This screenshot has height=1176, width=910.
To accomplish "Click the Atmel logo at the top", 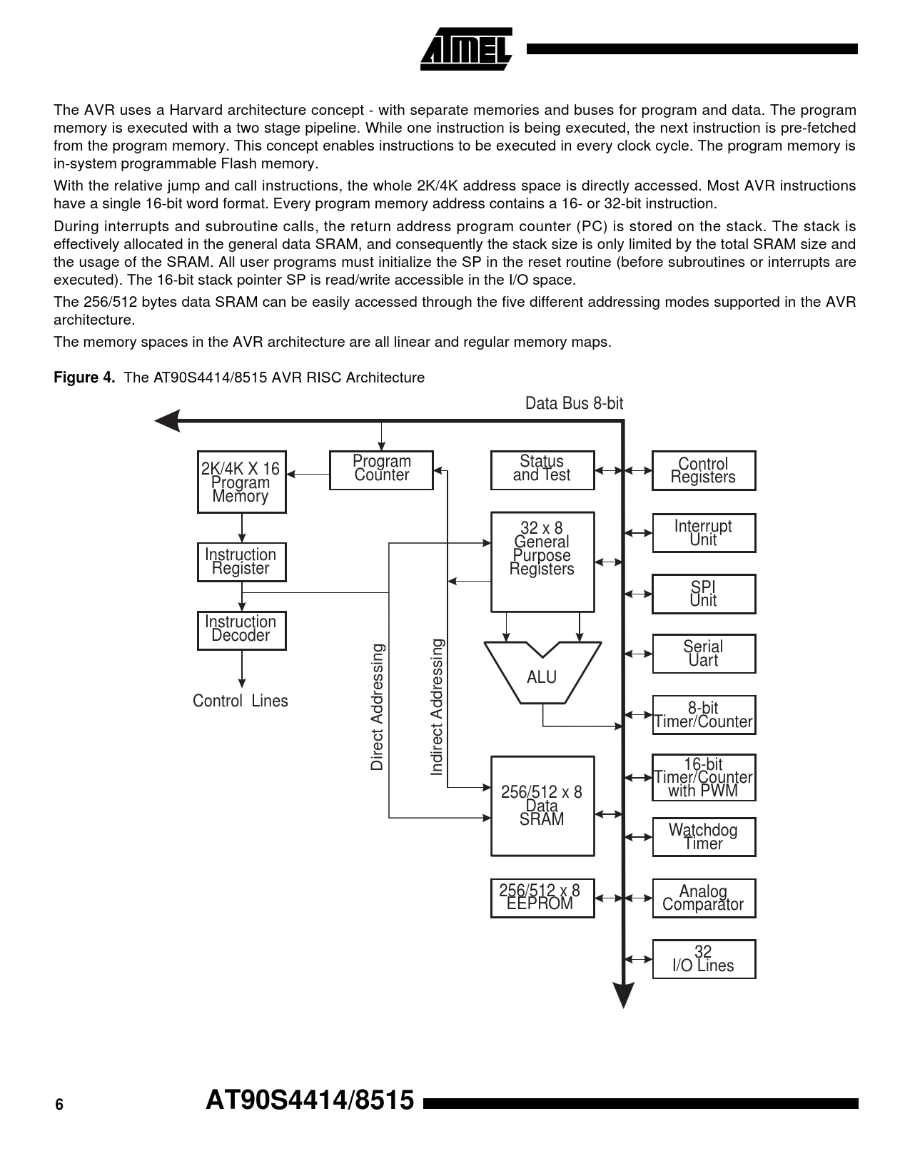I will tap(466, 49).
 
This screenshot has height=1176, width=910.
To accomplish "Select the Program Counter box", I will tap(381, 470).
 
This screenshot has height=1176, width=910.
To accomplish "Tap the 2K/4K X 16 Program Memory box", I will tap(241, 482).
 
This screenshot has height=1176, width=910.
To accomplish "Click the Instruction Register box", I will tap(241, 562).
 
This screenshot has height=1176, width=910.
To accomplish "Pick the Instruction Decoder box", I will tap(241, 629).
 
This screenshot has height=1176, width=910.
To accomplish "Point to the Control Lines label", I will tap(241, 701).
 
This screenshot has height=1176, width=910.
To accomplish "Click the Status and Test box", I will tap(542, 470).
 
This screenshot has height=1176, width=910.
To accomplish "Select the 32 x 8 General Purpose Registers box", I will tap(542, 562).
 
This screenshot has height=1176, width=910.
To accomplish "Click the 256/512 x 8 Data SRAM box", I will tap(542, 806).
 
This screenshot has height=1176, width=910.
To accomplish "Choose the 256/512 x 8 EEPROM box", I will tap(542, 898).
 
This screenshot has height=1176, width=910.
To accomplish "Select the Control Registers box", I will tap(703, 470).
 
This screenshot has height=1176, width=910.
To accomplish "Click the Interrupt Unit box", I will tap(703, 532).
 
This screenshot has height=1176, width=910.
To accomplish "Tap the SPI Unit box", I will tap(703, 594).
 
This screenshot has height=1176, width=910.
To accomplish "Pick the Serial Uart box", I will tap(703, 654).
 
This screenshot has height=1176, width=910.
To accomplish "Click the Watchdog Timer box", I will tap(703, 836).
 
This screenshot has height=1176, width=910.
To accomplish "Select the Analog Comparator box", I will tap(703, 898).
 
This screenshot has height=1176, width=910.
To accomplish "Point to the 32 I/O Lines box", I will tap(703, 958).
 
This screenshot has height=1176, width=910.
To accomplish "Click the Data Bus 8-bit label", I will tap(574, 403).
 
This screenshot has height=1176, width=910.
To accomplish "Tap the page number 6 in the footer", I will tap(59, 1105).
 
